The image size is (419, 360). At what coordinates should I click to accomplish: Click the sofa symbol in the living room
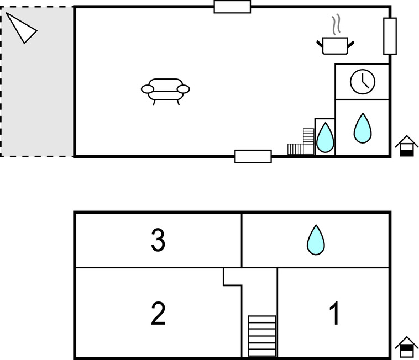tap(165, 89)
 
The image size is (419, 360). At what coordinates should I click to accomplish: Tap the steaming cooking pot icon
tap(335, 45)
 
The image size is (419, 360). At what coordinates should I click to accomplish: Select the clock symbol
tap(363, 81)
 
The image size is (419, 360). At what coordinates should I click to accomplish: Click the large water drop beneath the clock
tap(363, 128)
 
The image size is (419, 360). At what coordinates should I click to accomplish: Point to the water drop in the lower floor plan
tap(316, 240)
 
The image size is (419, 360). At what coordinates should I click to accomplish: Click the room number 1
tap(334, 314)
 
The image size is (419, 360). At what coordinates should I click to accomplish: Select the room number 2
tap(158, 314)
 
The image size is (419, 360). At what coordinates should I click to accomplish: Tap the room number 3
tap(158, 240)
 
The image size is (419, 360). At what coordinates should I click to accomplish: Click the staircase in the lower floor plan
tap(261, 336)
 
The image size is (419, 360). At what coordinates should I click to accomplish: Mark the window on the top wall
tap(232, 7)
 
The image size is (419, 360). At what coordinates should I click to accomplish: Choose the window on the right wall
tap(390, 36)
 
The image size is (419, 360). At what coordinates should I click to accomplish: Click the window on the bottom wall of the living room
tap(253, 156)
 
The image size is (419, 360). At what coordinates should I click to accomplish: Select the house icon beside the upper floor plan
tap(406, 146)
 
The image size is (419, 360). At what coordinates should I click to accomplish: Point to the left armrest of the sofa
tap(148, 88)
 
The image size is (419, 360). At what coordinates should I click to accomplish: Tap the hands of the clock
tap(364, 83)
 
